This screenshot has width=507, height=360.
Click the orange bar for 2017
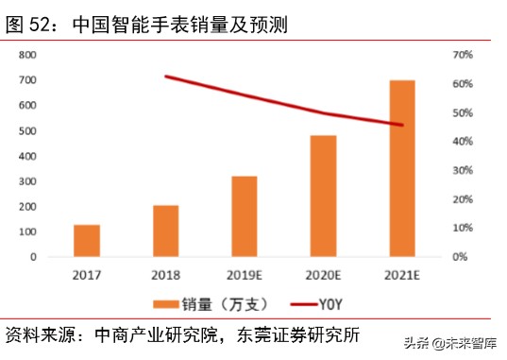[87, 240]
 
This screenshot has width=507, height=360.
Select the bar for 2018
[165, 231]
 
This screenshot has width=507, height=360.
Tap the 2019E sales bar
[245, 216]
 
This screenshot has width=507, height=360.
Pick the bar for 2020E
[324, 196]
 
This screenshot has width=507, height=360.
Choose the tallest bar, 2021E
[402, 168]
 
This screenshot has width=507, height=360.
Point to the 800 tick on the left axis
[27, 55]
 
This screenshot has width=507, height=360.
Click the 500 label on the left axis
[27, 130]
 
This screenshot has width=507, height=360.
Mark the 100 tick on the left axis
[27, 231]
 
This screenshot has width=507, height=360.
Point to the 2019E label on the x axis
[245, 275]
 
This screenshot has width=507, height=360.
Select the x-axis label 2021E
[402, 275]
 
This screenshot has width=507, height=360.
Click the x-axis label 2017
[87, 275]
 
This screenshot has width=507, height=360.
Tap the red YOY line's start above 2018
[166, 77]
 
